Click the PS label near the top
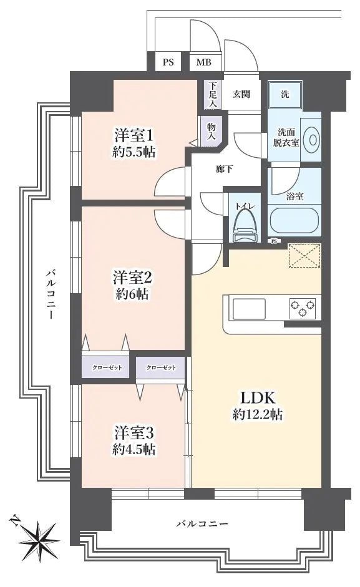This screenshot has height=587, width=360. pyautogui.click(x=168, y=62)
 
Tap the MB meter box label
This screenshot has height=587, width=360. pyautogui.click(x=204, y=62)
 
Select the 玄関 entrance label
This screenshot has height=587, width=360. pyautogui.click(x=241, y=94)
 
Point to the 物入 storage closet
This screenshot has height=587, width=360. pyautogui.click(x=212, y=130)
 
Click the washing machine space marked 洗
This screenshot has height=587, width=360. pyautogui.click(x=285, y=95)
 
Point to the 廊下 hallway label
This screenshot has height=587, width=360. pyautogui.click(x=207, y=168)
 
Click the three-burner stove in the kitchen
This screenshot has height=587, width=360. pyautogui.click(x=302, y=307)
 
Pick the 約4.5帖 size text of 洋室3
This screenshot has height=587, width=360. pyautogui.click(x=134, y=449)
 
